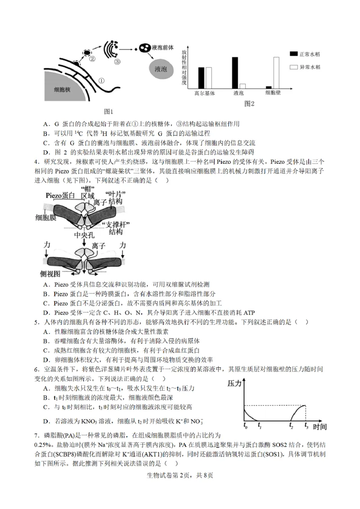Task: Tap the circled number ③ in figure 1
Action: tap(117, 62)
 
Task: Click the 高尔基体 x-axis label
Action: tap(204, 93)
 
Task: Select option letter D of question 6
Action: tap(46, 421)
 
